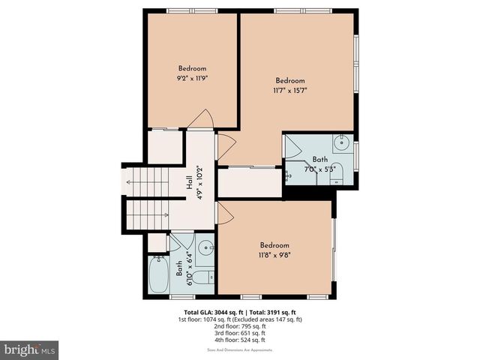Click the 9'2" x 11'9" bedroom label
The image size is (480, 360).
point(192,73)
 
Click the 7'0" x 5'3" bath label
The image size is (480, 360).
point(320,164)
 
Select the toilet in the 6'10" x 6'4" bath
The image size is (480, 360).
point(209,277)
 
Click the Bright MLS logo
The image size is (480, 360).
point(30,349)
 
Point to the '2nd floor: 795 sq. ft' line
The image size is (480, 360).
point(240,326)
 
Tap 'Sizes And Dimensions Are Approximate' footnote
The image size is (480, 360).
point(240,350)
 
